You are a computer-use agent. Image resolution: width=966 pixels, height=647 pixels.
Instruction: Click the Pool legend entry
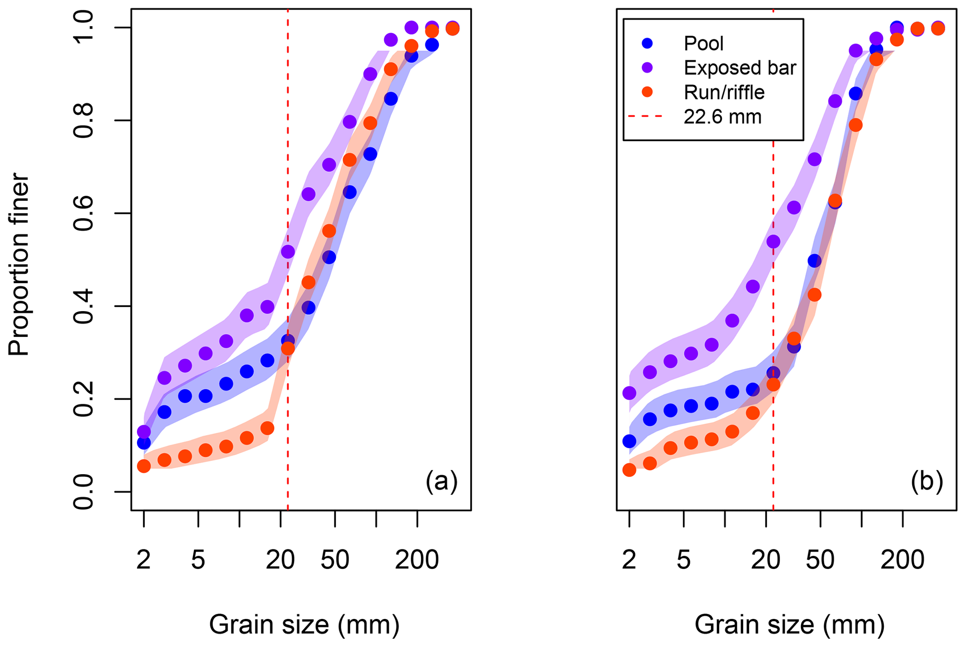coord(703,43)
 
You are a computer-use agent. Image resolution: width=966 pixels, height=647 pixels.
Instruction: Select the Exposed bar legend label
coord(739,68)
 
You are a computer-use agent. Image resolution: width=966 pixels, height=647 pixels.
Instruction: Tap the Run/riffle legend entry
coord(724,92)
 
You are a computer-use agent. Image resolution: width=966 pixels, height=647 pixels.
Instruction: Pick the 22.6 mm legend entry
coord(722,117)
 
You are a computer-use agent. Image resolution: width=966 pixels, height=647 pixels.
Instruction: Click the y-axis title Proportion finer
coord(19,264)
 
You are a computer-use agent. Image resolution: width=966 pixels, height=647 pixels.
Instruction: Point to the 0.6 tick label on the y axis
coord(85,213)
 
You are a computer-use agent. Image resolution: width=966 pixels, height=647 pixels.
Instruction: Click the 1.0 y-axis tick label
coord(85,28)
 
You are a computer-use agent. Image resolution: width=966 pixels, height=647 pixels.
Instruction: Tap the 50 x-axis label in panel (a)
coord(335,559)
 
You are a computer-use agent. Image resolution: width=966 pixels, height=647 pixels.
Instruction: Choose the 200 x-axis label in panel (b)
coord(902,559)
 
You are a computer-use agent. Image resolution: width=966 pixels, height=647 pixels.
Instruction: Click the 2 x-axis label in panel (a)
coord(143,559)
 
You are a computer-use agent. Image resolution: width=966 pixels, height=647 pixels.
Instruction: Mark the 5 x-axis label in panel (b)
coord(684,559)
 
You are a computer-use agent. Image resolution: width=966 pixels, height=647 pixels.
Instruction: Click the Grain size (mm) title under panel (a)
coord(304,625)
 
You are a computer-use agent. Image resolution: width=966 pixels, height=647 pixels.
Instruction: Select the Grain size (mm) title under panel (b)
coord(789,625)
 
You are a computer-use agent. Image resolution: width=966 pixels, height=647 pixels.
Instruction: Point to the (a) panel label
coord(441,481)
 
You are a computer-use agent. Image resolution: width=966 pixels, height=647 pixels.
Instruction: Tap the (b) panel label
coord(927,481)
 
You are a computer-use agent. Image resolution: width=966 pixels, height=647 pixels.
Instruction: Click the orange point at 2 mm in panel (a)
coord(144,466)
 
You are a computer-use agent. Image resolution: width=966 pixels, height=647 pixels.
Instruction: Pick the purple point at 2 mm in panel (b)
coord(630,393)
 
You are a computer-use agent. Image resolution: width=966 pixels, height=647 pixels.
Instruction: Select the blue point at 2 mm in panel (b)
coord(630,441)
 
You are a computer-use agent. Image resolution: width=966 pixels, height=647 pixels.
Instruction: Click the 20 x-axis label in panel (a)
coord(280,559)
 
